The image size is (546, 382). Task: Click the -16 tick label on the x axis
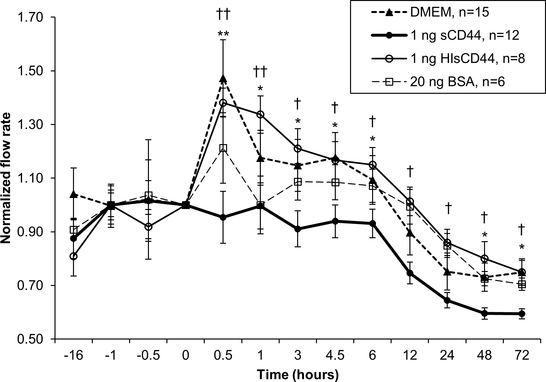click(74, 356)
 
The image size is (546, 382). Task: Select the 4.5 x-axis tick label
click(335, 356)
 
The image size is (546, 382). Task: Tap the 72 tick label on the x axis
click(522, 356)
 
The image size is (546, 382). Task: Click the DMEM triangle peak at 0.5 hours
click(223, 79)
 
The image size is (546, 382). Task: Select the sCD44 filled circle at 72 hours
click(522, 314)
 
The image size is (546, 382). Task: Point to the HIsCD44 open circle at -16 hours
click(74, 256)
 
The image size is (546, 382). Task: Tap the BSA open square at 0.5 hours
click(223, 148)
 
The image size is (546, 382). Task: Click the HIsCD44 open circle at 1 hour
click(260, 114)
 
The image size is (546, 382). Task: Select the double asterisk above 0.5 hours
click(223, 33)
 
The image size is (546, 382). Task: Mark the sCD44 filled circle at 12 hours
click(410, 273)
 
